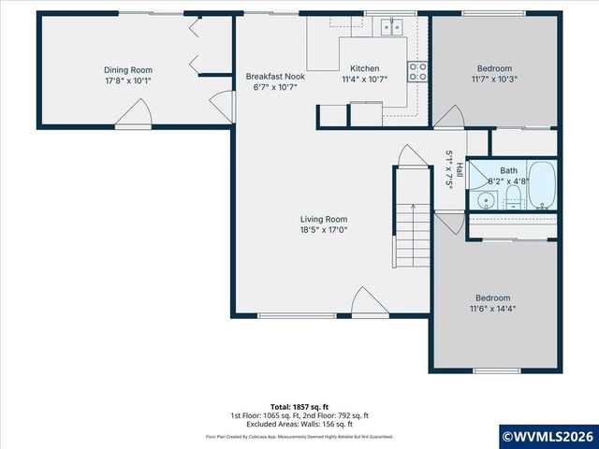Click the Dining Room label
(x=127, y=70)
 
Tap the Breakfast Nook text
(x=274, y=76)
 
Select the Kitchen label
(x=364, y=69)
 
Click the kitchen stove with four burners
(x=417, y=71)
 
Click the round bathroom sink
(x=485, y=199)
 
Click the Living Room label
(x=323, y=219)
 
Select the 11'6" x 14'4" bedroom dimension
(x=492, y=309)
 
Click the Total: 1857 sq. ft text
(x=299, y=407)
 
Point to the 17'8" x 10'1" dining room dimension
(x=127, y=81)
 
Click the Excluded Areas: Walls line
(x=299, y=424)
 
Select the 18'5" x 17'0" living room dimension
(x=323, y=230)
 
